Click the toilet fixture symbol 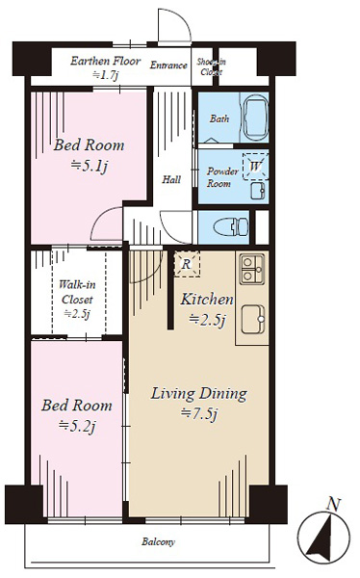pyautogui.click(x=231, y=227)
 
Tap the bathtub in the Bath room pyautogui.click(x=254, y=118)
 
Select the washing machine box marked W pyautogui.click(x=255, y=167)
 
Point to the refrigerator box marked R pyautogui.click(x=187, y=264)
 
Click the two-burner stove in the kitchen pyautogui.click(x=252, y=269)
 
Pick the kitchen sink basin pyautogui.click(x=253, y=319)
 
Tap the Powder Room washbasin pyautogui.click(x=258, y=191)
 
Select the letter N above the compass pyautogui.click(x=334, y=504)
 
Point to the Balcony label pyautogui.click(x=159, y=541)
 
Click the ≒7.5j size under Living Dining pyautogui.click(x=199, y=414)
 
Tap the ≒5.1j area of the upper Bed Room pyautogui.click(x=90, y=167)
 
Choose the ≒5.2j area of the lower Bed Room pyautogui.click(x=77, y=427)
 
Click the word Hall pyautogui.click(x=171, y=179)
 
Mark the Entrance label pyautogui.click(x=168, y=66)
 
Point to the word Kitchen pyautogui.click(x=207, y=300)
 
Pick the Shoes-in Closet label pyautogui.click(x=212, y=66)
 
